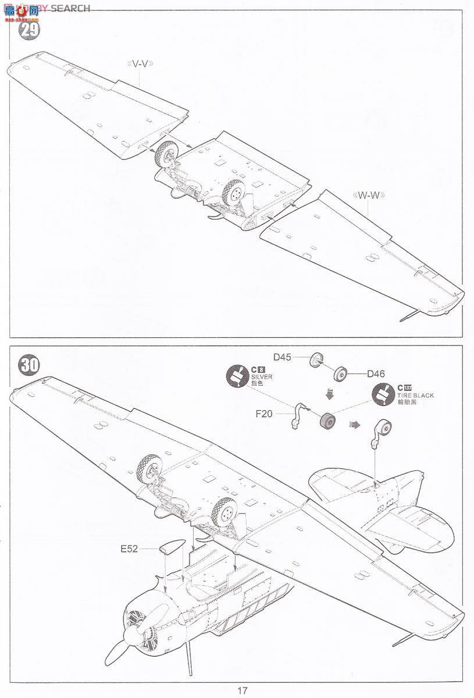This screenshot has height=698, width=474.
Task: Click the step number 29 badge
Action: point(30,30)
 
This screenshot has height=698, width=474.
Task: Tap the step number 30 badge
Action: point(30,365)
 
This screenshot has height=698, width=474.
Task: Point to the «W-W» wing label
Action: point(368,195)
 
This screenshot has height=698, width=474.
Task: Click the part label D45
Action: point(283,357)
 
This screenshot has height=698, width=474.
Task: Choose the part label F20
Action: point(264,415)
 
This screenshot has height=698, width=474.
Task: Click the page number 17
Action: point(243,690)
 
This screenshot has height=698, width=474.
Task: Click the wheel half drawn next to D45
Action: point(316,360)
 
